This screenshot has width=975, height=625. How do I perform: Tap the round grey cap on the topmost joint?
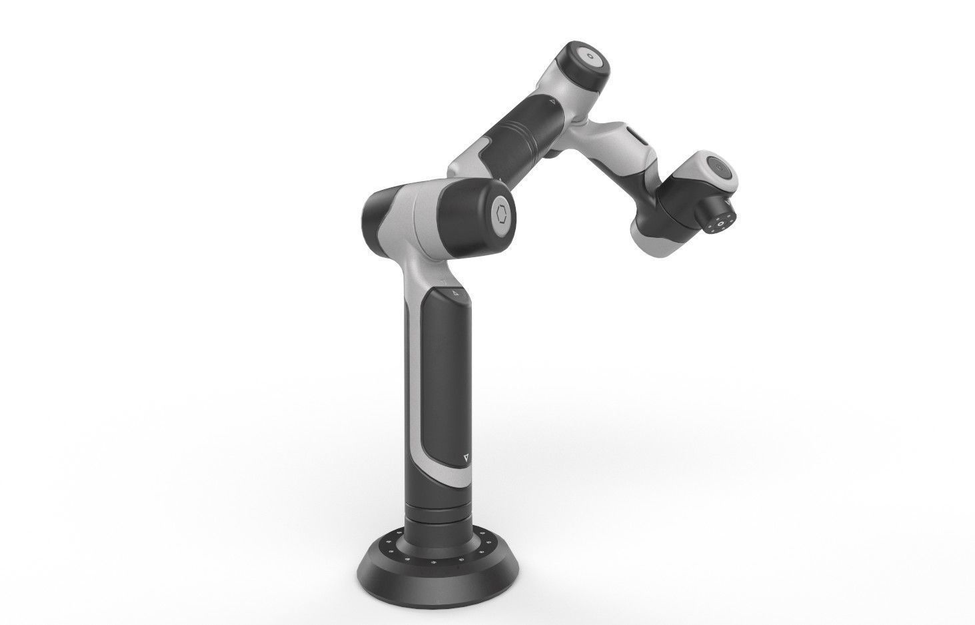(592, 57)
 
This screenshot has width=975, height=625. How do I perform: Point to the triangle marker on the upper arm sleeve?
(552, 103)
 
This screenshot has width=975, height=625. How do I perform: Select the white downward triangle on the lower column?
(465, 457)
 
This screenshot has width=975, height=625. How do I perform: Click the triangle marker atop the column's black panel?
(455, 293)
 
